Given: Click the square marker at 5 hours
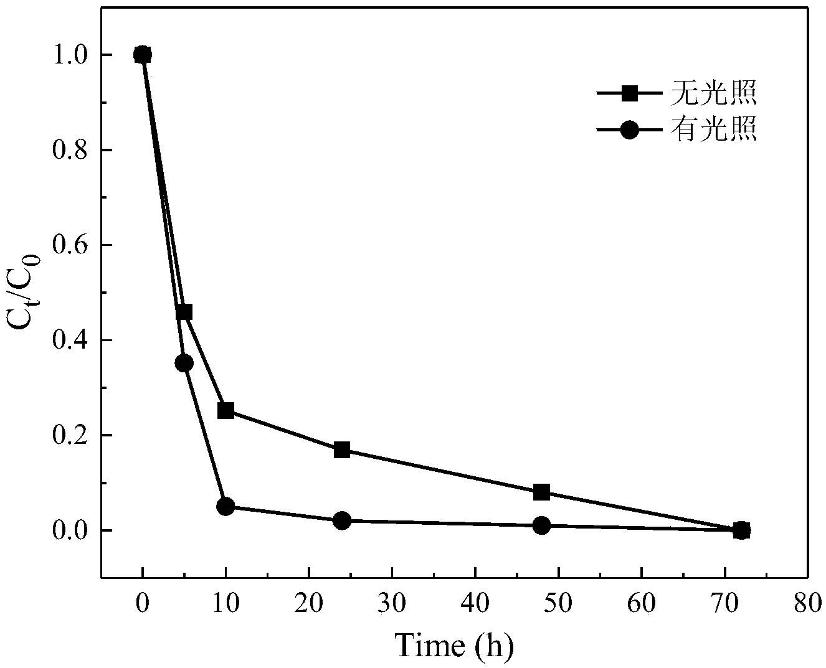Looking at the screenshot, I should click(184, 312).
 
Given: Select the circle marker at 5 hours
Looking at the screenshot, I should click(184, 363).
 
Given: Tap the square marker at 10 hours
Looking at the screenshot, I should click(225, 410).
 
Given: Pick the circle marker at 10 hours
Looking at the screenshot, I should click(225, 506).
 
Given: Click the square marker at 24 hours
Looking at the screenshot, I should click(341, 449).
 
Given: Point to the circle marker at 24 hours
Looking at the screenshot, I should click(341, 520).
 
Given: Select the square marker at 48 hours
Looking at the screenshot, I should click(541, 492).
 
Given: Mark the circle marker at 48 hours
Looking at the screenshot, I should click(541, 525).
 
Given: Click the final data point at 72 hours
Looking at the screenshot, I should click(741, 530).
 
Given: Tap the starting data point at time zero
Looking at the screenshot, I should click(142, 55).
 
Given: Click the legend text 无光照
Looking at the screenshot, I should click(713, 94).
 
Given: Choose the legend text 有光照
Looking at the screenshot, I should click(713, 130).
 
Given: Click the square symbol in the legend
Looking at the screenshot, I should click(630, 94).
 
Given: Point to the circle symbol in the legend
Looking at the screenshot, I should click(630, 130).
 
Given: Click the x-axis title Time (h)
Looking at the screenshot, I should click(454, 646).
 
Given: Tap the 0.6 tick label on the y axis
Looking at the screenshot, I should click(74, 245).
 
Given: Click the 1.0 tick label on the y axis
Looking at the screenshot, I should click(74, 55).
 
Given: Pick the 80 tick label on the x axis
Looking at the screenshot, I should click(807, 603).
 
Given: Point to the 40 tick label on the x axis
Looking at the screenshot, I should click(475, 603).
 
